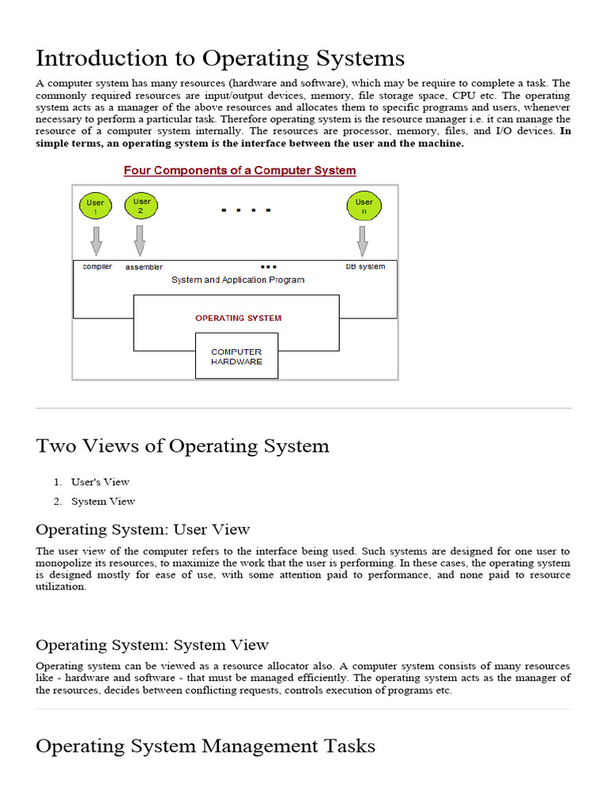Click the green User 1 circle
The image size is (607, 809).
tap(96, 208)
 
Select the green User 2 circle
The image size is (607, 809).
tap(141, 206)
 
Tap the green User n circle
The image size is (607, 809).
tap(364, 207)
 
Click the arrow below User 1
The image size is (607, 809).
tap(96, 240)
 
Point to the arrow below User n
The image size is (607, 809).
tap(363, 240)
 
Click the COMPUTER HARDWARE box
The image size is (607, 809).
tap(236, 356)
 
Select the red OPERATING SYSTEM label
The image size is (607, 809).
tap(238, 318)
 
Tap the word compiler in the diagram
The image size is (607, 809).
tap(97, 267)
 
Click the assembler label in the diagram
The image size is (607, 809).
tap(144, 268)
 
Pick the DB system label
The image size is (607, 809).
tap(365, 267)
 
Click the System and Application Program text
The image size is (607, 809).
tap(237, 280)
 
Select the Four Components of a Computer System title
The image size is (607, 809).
tap(239, 171)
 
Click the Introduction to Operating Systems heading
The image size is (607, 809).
tap(221, 58)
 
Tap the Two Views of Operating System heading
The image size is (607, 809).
tap(183, 446)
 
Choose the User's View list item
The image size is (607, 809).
tap(100, 482)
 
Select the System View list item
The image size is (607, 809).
tap(103, 501)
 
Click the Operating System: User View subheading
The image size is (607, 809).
tap(143, 529)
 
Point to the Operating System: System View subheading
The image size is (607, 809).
tap(153, 645)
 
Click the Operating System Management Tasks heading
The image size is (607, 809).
tap(205, 746)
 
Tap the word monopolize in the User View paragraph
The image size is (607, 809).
tap(66, 563)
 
